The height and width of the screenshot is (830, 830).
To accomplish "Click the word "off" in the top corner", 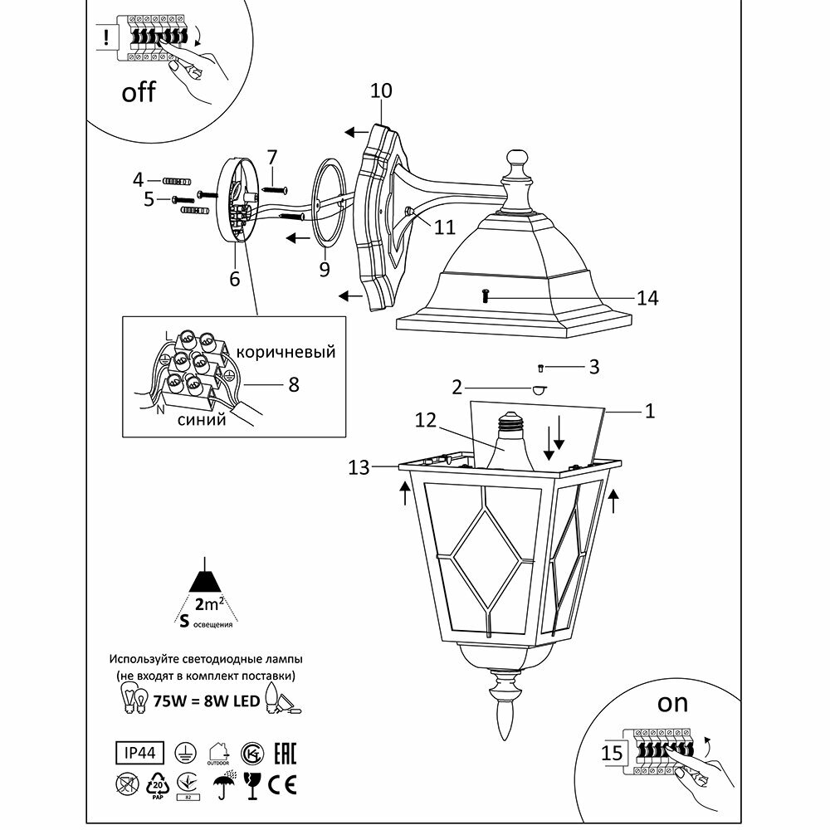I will tap(139, 91).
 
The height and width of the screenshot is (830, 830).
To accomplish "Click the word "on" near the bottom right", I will tap(672, 703).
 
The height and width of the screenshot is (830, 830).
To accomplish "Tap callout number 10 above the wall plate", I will tap(381, 91).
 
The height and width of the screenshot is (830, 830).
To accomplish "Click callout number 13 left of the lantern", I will tap(359, 468).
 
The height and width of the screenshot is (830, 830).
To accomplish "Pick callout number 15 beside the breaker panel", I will tap(613, 754).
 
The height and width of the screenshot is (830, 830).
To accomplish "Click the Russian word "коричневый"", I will tap(286, 352).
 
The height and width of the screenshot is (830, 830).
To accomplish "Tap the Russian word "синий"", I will tap(202, 420).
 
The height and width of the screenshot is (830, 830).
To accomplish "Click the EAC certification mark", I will tap(282, 752).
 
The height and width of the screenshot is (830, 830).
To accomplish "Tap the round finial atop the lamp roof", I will tap(516, 159).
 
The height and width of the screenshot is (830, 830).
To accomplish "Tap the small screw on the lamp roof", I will tap(485, 295).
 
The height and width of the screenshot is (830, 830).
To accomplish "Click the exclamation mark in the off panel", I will tap(107, 37).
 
